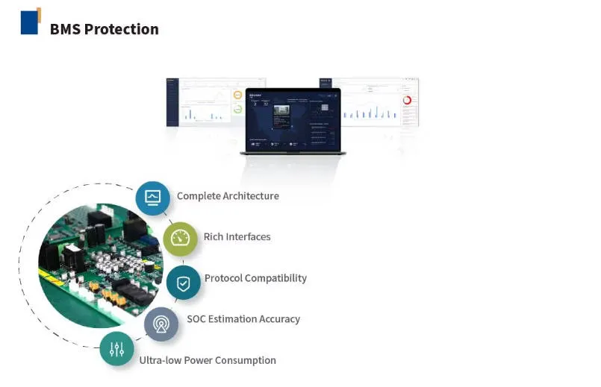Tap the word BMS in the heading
tap(66, 30)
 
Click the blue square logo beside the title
tap(30, 22)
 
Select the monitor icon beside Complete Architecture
tap(152, 198)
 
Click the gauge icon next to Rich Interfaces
tap(180, 239)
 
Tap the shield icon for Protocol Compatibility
tap(183, 283)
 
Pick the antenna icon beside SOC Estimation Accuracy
tap(161, 324)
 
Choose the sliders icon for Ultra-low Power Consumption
tap(117, 349)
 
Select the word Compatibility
tap(276, 278)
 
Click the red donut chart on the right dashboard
tap(407, 100)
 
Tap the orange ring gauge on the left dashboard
tap(237, 95)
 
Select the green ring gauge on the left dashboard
tap(237, 109)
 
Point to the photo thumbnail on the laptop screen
tap(282, 111)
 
